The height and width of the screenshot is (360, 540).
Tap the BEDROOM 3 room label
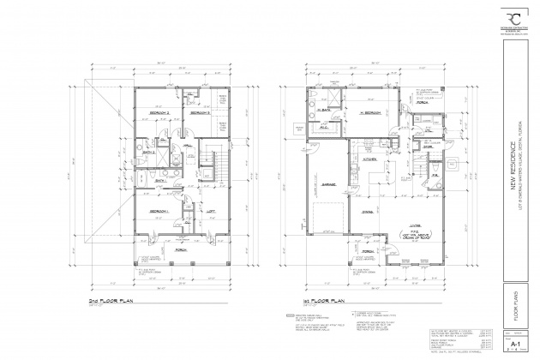point(200,112)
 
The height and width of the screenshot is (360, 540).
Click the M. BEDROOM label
point(369,114)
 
